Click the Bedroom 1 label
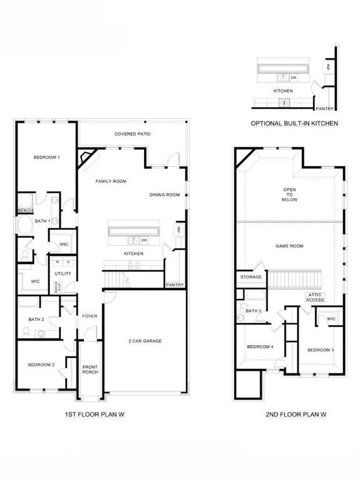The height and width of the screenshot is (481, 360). click(46, 157)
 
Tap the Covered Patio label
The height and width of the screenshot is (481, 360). click(132, 134)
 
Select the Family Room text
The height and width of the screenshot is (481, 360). click(111, 181)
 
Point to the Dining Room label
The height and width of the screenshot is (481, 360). click(165, 195)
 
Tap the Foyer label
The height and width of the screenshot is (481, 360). click(90, 316)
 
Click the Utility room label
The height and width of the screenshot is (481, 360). click(63, 274)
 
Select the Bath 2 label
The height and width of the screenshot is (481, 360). click(36, 319)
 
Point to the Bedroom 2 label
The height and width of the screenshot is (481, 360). click(41, 365)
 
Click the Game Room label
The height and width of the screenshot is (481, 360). click(289, 246)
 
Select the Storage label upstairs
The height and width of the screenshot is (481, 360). click(251, 276)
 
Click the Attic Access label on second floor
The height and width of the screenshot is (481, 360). click(315, 297)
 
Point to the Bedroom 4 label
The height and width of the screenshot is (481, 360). click(260, 346)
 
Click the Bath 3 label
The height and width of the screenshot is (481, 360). click(253, 311)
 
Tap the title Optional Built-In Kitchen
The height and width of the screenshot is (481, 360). click(294, 123)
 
